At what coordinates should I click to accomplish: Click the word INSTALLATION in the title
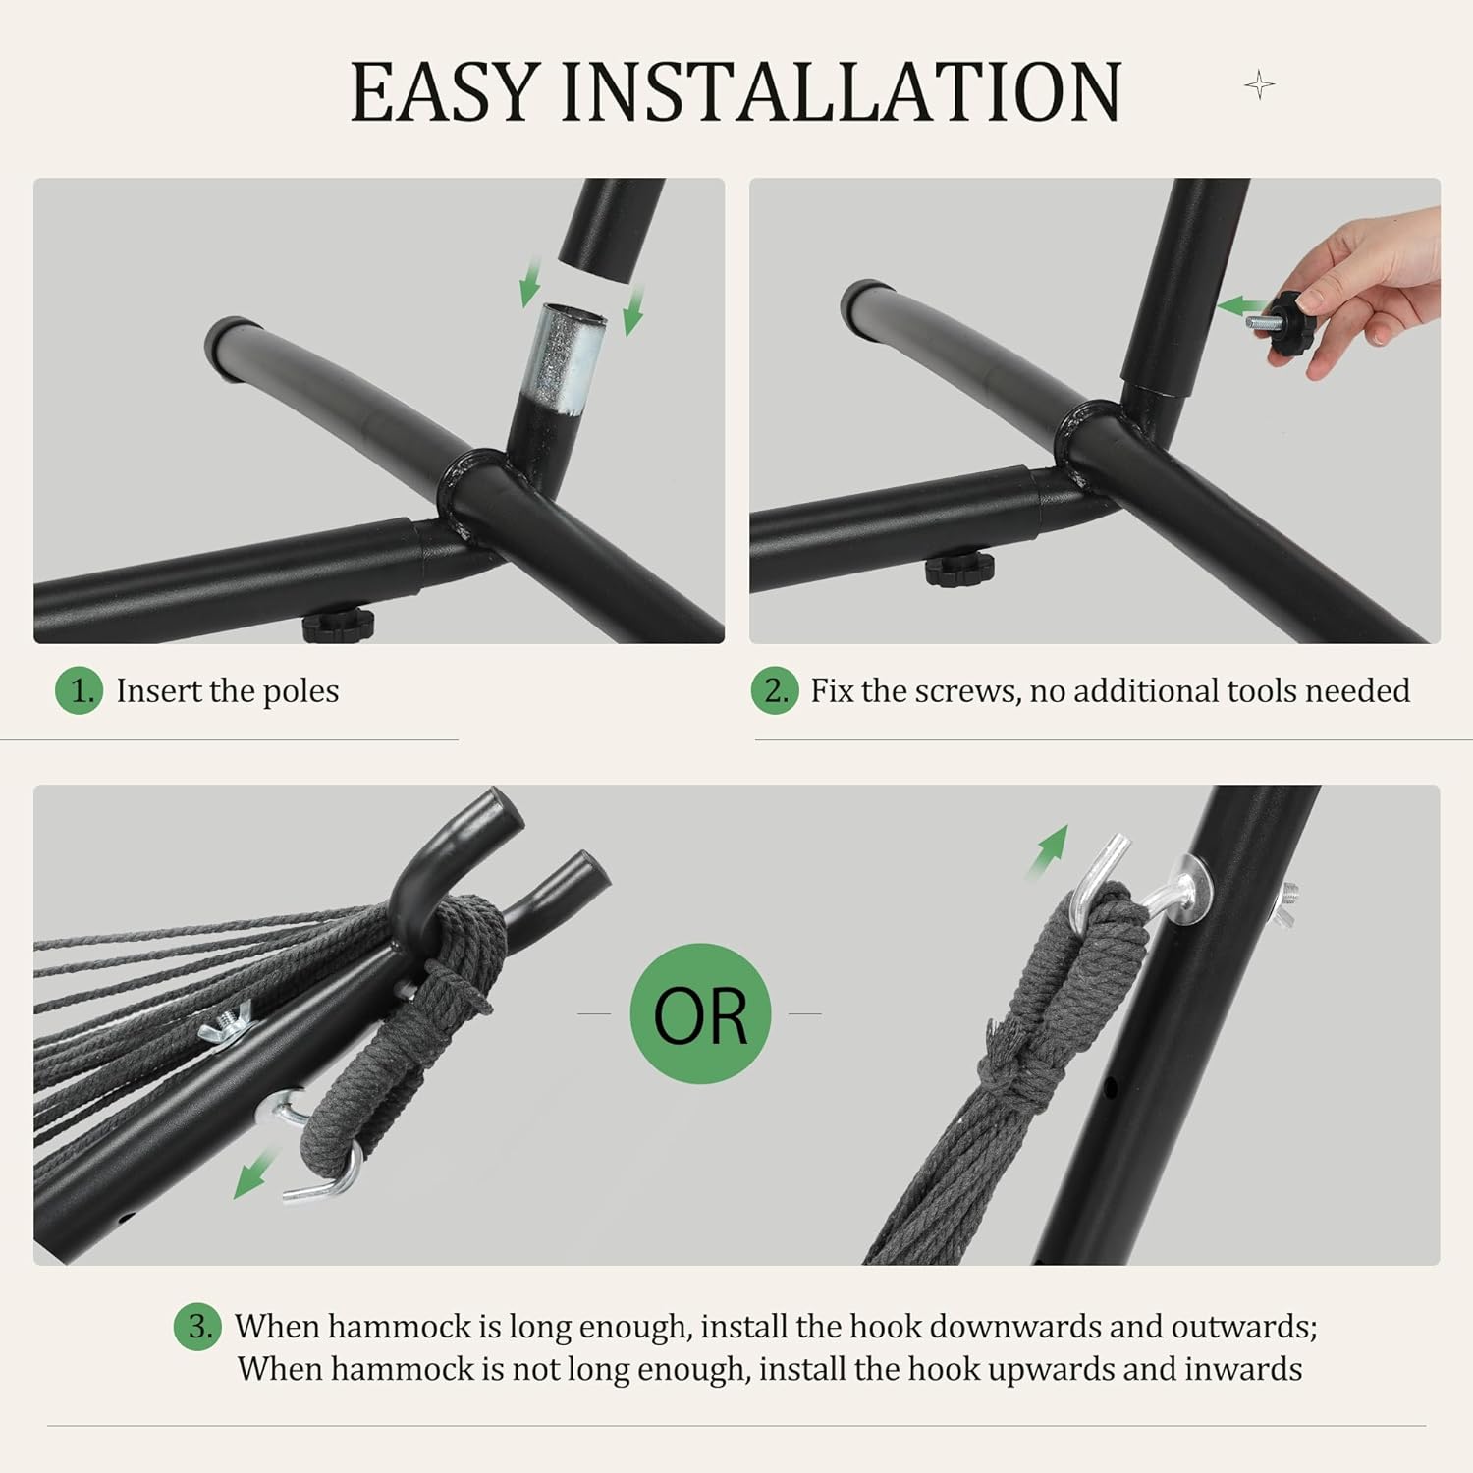point(841,91)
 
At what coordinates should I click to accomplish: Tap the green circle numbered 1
point(80,690)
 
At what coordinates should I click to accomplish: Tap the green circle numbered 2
point(775,690)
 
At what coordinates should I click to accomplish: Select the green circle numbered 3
point(198,1327)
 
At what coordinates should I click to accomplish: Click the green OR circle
point(700,1013)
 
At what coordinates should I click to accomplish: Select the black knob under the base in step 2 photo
point(959,570)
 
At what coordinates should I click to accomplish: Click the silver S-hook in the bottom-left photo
point(314,1148)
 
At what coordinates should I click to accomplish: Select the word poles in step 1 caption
point(300,691)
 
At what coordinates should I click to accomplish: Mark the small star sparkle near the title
point(1259,85)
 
